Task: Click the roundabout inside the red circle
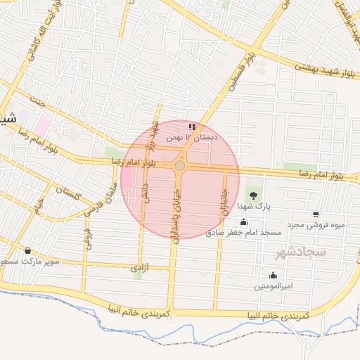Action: coord(180,165)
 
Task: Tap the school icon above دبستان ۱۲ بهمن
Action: coord(193,127)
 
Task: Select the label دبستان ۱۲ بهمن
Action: coord(191,138)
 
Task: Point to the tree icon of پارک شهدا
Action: coord(252,195)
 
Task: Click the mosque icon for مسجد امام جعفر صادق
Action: coord(243,222)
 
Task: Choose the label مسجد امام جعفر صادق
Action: coord(243,232)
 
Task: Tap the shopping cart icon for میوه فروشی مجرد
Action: coord(316,214)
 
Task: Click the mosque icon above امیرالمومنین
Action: coord(273,275)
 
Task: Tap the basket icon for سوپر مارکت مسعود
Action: coord(27,250)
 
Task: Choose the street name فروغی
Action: coord(87,238)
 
